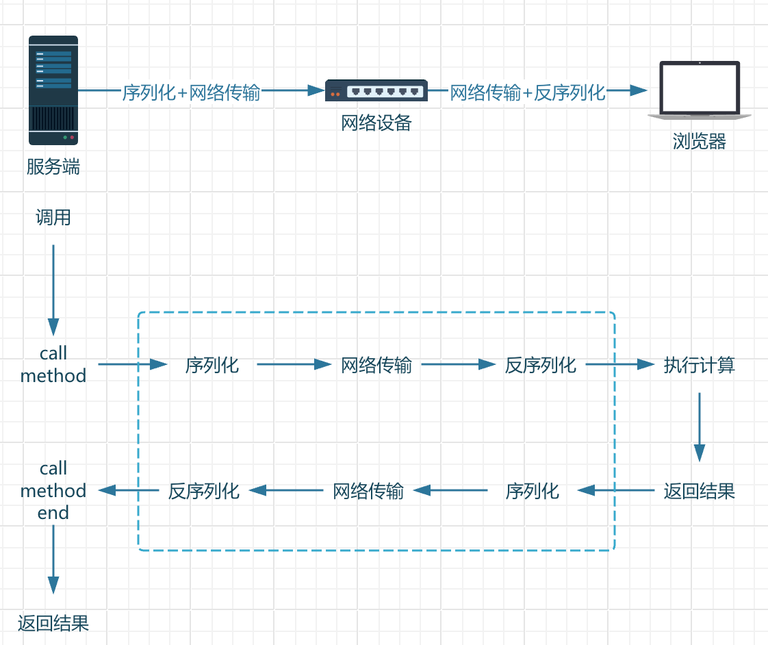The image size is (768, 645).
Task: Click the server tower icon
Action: tap(53, 90)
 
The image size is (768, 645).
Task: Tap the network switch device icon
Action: tap(376, 90)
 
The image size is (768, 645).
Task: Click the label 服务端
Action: tap(53, 167)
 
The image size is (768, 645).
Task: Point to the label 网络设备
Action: tap(376, 123)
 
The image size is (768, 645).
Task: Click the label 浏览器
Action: tap(699, 142)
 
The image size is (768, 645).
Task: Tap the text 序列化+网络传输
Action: tap(191, 92)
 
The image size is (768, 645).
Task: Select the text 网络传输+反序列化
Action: tap(527, 92)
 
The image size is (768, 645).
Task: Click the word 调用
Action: tap(53, 218)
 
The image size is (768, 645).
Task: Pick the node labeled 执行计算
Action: tap(699, 365)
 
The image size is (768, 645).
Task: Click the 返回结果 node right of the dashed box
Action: tap(699, 491)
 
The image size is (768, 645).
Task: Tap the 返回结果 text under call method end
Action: tap(53, 623)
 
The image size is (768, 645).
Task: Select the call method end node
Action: tap(53, 490)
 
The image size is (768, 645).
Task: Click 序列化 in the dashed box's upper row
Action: tap(212, 365)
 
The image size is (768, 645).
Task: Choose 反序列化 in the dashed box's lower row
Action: tap(204, 491)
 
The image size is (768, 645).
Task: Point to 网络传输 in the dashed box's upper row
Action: tap(376, 365)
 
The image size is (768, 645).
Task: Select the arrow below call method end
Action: tap(53, 561)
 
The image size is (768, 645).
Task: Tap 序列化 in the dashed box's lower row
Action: tap(533, 491)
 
